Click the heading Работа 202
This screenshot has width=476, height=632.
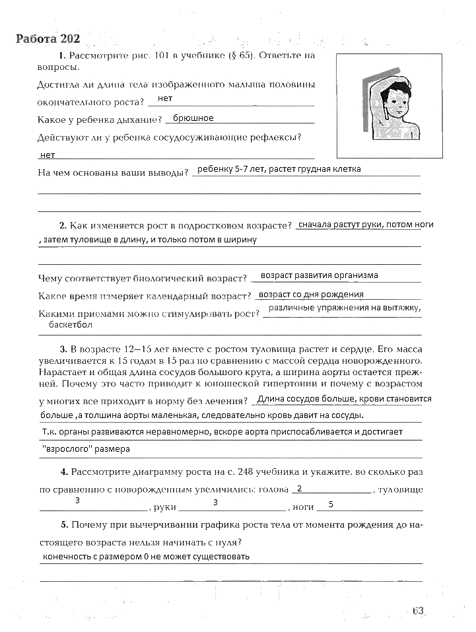coord(48,38)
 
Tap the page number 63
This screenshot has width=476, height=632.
coord(417,611)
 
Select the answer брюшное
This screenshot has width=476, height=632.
coord(193,118)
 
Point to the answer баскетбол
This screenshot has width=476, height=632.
coord(71,325)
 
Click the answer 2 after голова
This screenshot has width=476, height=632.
coord(300,489)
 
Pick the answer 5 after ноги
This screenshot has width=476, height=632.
coord(330,505)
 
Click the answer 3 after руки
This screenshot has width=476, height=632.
coord(215,503)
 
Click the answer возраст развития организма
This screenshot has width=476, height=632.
coord(319,275)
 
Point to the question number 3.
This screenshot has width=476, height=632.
coord(62,348)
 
